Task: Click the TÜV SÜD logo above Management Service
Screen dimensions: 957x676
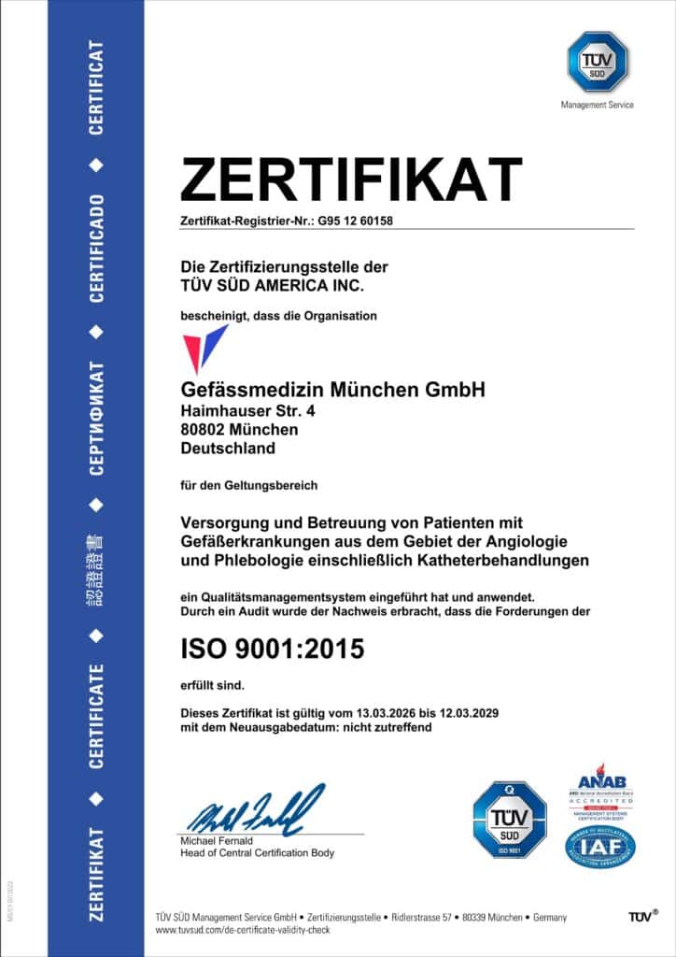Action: (598, 62)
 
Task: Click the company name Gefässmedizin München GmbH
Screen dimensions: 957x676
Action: (332, 389)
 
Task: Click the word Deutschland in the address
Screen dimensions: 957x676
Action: (228, 449)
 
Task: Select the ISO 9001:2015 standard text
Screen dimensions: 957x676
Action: (271, 647)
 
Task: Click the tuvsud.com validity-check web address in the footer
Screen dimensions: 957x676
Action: (244, 932)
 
